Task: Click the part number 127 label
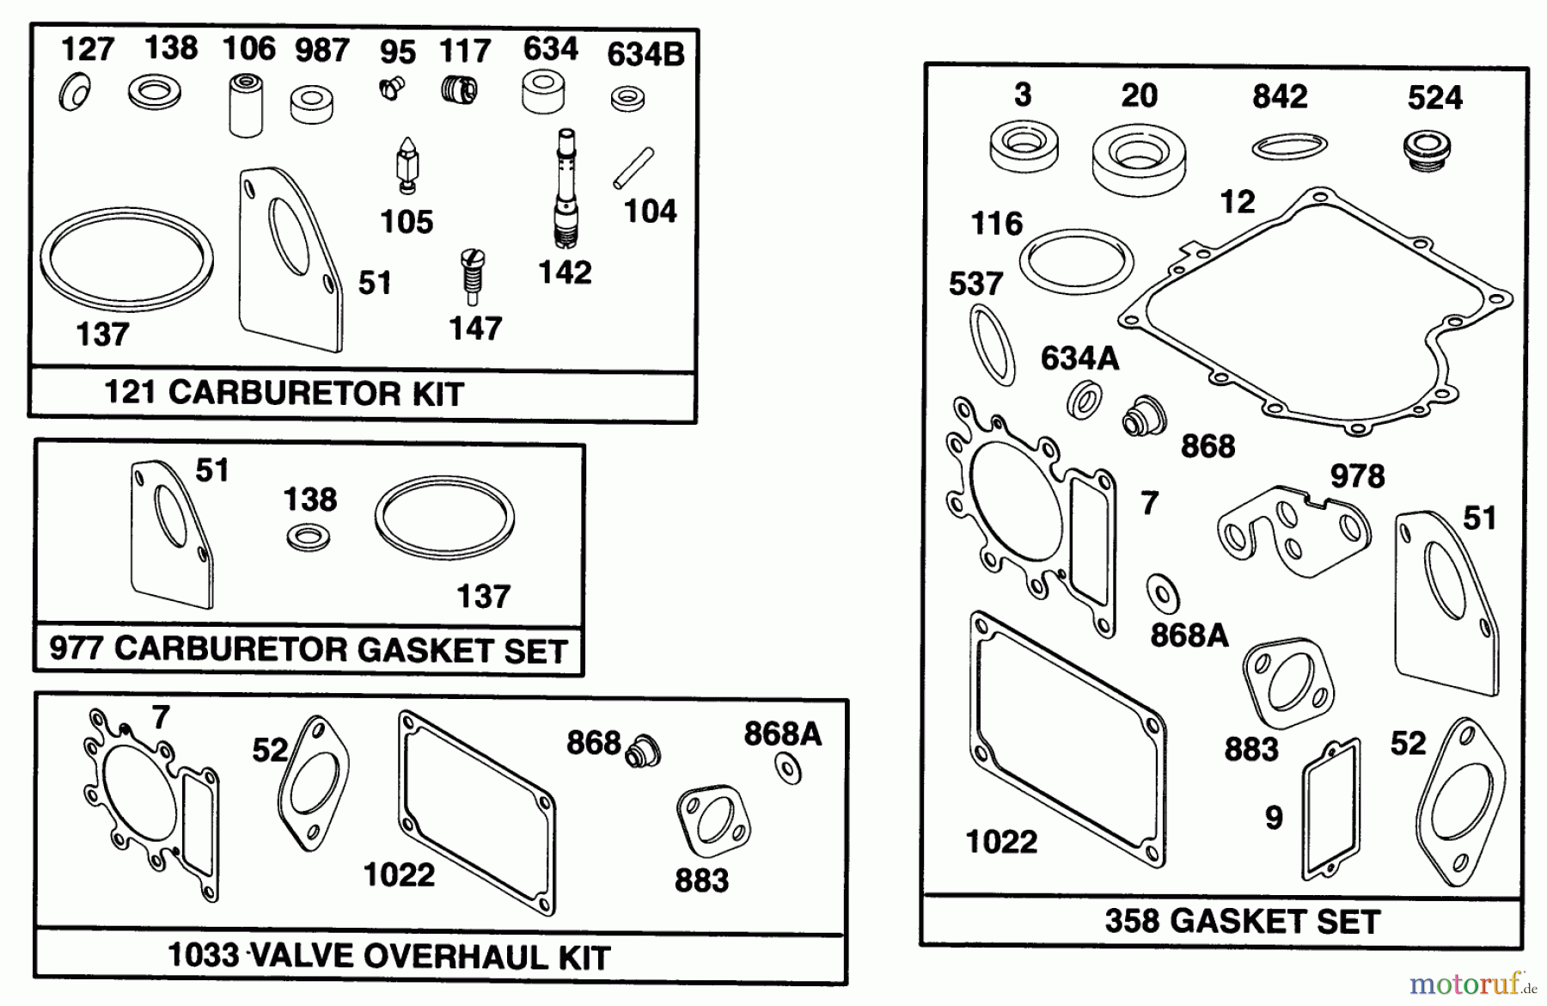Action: pyautogui.click(x=87, y=49)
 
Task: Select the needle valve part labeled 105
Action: pyautogui.click(x=407, y=164)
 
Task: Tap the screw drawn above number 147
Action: pyautogui.click(x=471, y=275)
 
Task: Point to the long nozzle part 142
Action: pyautogui.click(x=566, y=188)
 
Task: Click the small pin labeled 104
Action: pyautogui.click(x=633, y=169)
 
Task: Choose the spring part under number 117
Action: pyautogui.click(x=460, y=89)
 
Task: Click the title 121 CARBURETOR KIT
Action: pyautogui.click(x=284, y=393)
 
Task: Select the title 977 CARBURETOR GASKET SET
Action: pyautogui.click(x=308, y=649)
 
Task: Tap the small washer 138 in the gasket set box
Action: pyautogui.click(x=308, y=538)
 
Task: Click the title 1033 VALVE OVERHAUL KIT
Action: pyautogui.click(x=388, y=956)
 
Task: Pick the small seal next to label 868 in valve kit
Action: pyautogui.click(x=642, y=751)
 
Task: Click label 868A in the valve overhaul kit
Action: pyautogui.click(x=782, y=733)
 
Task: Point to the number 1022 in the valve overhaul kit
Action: pyautogui.click(x=399, y=875)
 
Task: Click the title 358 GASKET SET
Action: pyautogui.click(x=1242, y=921)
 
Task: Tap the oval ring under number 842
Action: pyautogui.click(x=1289, y=146)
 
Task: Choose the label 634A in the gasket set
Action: pyautogui.click(x=1079, y=358)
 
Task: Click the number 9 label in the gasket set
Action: pyautogui.click(x=1274, y=817)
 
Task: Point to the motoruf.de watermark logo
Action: pyautogui.click(x=1473, y=982)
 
